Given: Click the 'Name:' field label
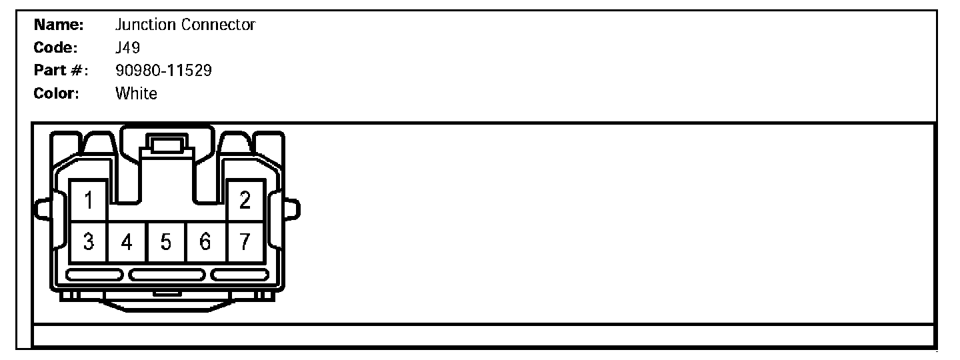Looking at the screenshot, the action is coord(58,25).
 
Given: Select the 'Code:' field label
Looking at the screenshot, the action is coord(56,48).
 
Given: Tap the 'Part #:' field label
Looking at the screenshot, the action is coord(61,71).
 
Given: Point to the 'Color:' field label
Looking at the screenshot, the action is coord(57,93).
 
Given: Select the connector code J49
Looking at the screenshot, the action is coord(127,48).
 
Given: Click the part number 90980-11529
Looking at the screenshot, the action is coord(164,71).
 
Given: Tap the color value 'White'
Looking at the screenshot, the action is coord(136,93).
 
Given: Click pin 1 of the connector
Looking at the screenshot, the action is coord(89,199).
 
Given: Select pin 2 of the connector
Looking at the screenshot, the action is coord(245,199).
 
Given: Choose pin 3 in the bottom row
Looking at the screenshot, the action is coord(89,242).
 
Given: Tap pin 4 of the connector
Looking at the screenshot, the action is coord(127,242).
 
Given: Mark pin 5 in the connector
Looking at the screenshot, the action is coord(167,242).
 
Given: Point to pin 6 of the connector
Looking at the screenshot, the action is coord(206,242).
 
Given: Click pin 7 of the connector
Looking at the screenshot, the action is coord(245,242).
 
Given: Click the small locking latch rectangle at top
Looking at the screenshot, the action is coord(167,145).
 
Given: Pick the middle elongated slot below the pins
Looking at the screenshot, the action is coord(167,275).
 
